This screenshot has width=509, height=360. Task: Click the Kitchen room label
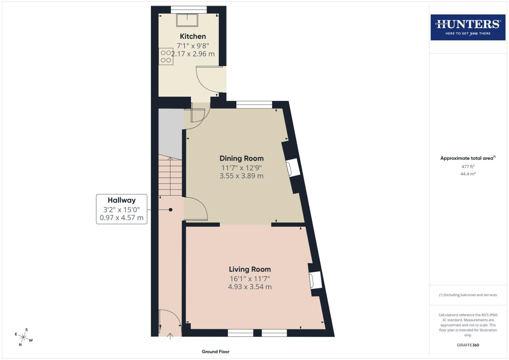pyautogui.click(x=193, y=36)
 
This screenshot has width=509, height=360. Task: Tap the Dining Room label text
pyautogui.click(x=241, y=158)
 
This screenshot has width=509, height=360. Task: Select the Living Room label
pyautogui.click(x=250, y=269)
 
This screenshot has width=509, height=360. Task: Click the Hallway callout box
pyautogui.click(x=122, y=209)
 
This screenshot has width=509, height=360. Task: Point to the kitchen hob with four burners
pyautogui.click(x=166, y=57)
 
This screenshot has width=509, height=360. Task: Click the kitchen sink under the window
pyautogui.click(x=187, y=20)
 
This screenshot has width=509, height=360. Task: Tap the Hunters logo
pyautogui.click(x=468, y=27)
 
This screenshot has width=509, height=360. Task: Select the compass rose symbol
pyautogui.click(x=23, y=337)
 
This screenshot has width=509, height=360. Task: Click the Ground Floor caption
pyautogui.click(x=216, y=351)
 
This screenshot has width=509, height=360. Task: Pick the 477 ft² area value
pyautogui.click(x=468, y=166)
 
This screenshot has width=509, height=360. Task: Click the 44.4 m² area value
pyautogui.click(x=468, y=174)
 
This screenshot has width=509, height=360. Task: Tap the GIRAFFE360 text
pyautogui.click(x=468, y=345)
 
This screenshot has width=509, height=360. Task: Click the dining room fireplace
pyautogui.click(x=293, y=167)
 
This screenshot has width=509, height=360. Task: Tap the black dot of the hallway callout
pyautogui.click(x=171, y=210)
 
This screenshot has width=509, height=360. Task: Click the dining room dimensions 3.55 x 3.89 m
pyautogui.click(x=241, y=176)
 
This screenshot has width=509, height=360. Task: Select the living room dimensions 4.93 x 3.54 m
pyautogui.click(x=250, y=287)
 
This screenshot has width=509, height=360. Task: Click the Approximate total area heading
pyautogui.click(x=468, y=158)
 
